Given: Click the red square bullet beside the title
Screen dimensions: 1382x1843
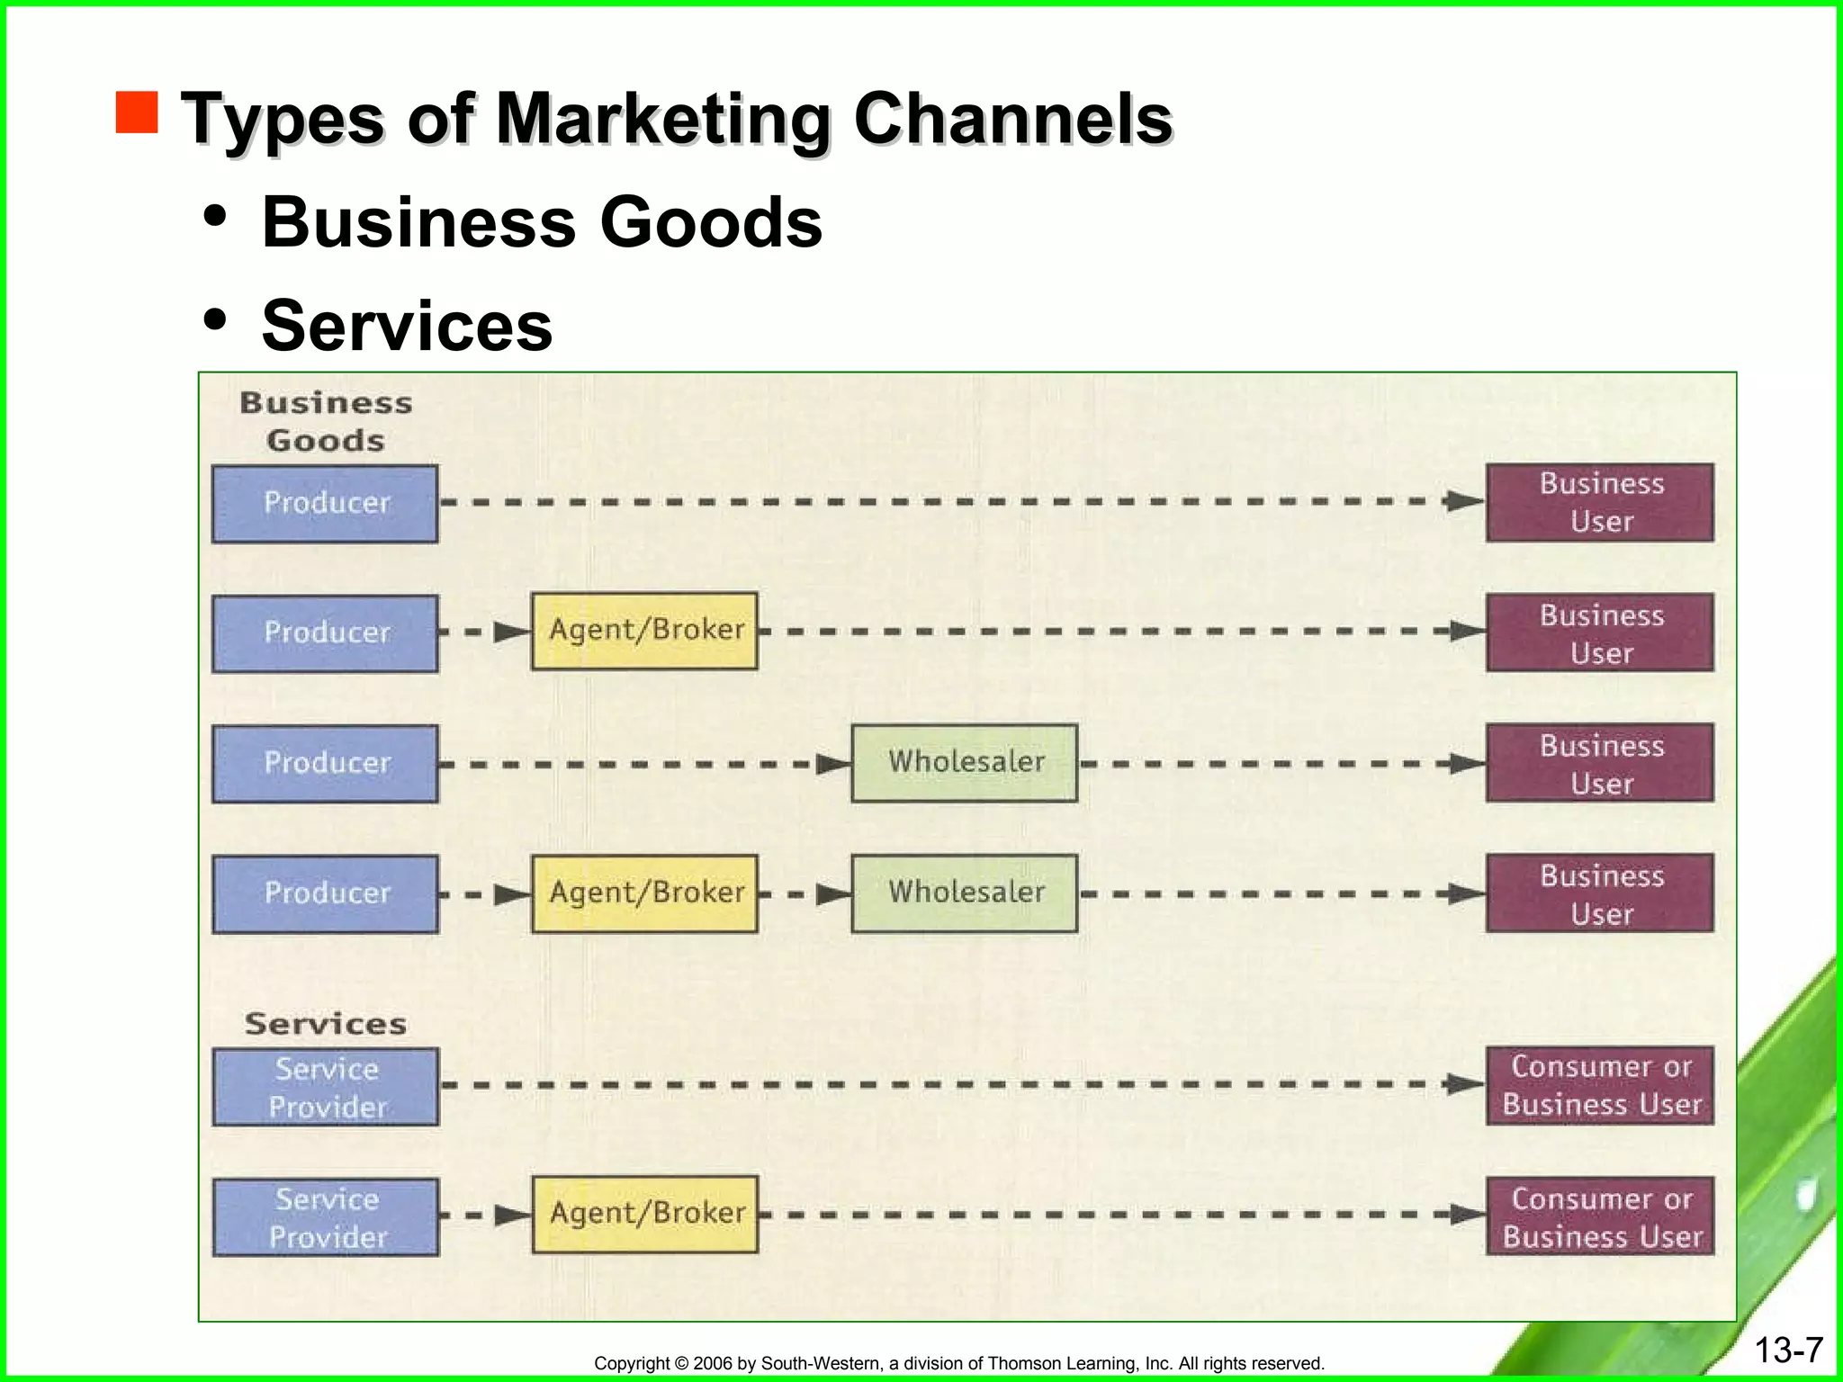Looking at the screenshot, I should [x=137, y=112].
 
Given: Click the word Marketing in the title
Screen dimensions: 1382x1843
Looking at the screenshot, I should [x=662, y=119].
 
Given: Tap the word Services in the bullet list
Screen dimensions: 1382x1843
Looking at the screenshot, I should [x=407, y=326].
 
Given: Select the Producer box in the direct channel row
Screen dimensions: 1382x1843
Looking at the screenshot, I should [x=326, y=503].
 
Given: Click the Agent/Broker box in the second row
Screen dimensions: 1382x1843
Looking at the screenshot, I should [x=645, y=630].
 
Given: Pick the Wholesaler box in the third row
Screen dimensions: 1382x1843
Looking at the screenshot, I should [x=965, y=762].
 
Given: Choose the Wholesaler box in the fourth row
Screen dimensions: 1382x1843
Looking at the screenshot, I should [x=965, y=893].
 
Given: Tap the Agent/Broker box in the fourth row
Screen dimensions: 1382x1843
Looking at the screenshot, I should [x=645, y=893].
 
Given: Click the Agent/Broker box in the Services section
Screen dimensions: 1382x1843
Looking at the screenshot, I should [x=645, y=1214].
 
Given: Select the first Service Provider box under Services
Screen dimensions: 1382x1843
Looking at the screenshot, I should [x=326, y=1087].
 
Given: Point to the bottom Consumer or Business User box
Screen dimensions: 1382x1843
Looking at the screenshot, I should [x=1600, y=1216].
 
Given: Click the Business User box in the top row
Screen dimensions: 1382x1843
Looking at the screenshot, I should [x=1600, y=502].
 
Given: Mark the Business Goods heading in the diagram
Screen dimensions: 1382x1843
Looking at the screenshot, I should [x=326, y=421].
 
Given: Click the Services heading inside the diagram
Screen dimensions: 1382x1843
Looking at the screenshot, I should [x=326, y=1024].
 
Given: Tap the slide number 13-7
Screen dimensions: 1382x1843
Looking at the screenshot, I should [x=1789, y=1350].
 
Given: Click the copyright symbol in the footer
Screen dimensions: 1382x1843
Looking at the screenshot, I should [x=681, y=1363].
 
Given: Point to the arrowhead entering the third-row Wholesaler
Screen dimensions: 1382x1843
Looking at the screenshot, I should [x=833, y=765].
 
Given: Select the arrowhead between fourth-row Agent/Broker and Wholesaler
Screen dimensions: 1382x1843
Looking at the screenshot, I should [x=833, y=894].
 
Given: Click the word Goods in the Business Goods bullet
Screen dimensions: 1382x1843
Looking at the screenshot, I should [x=711, y=223].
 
